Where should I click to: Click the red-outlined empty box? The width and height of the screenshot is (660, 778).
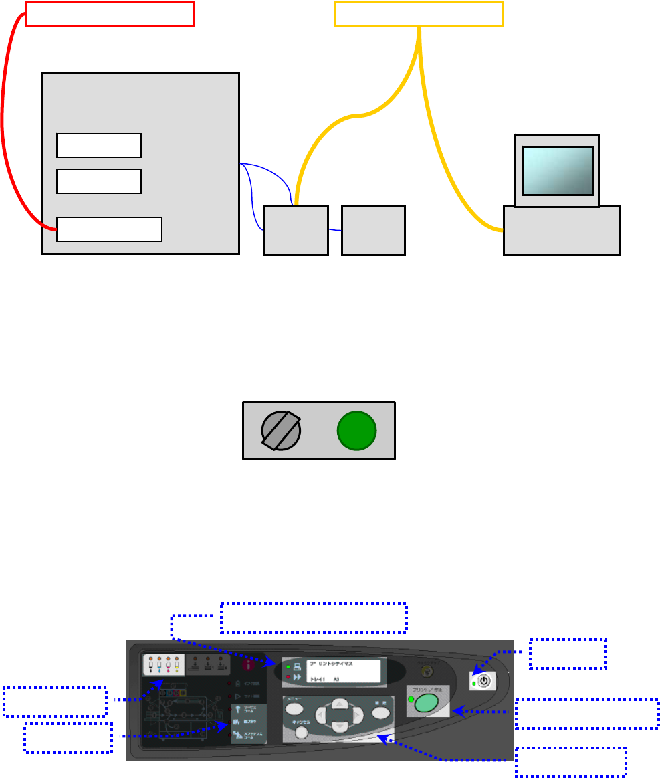[x=110, y=13]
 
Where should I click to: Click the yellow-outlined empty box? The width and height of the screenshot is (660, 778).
[x=419, y=13]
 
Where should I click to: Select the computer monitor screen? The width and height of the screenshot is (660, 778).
[x=557, y=170]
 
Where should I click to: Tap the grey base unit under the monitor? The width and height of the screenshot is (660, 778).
[x=561, y=230]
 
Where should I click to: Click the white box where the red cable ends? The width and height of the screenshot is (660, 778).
[x=109, y=229]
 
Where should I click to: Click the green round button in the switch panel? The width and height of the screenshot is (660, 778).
[x=356, y=431]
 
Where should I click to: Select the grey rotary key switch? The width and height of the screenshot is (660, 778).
[x=280, y=431]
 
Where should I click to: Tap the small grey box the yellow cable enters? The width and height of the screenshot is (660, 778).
[x=296, y=230]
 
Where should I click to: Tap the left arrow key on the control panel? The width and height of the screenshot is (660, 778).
[x=322, y=714]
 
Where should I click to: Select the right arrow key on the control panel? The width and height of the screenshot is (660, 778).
[x=358, y=714]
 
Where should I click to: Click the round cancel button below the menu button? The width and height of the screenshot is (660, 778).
[x=301, y=733]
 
